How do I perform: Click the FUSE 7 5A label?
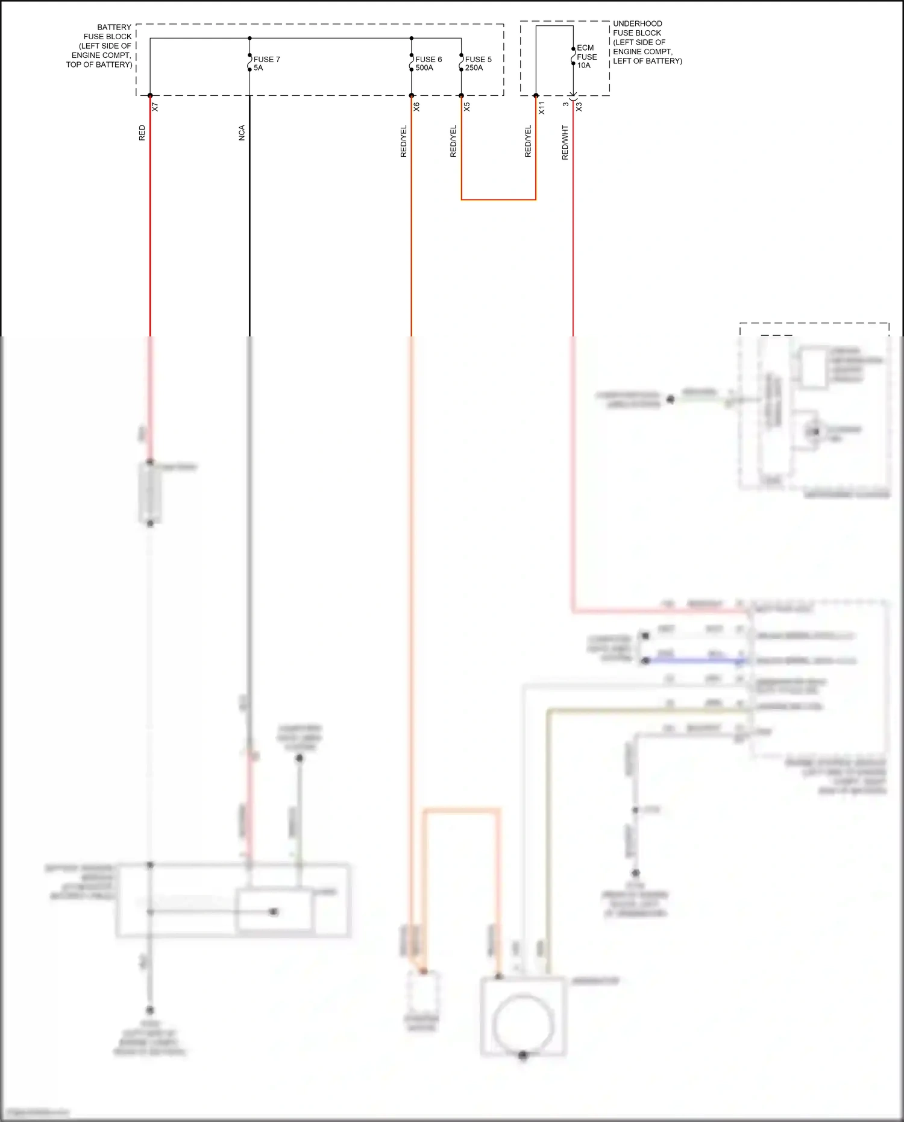click(x=266, y=63)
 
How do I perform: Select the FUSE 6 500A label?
click(x=428, y=63)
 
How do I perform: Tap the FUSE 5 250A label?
click(x=478, y=63)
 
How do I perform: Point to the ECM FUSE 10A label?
click(x=586, y=57)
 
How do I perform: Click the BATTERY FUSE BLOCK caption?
click(x=100, y=46)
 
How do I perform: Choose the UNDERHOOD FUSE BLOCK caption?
click(x=647, y=42)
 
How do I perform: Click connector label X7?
click(x=155, y=107)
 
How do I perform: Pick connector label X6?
click(x=416, y=107)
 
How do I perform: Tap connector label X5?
click(x=466, y=107)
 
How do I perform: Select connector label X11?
click(x=541, y=108)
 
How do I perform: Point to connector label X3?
click(x=579, y=107)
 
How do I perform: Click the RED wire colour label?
click(x=142, y=133)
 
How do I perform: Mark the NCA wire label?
click(x=242, y=133)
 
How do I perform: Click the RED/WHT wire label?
click(x=565, y=142)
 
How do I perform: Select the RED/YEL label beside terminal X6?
click(x=404, y=141)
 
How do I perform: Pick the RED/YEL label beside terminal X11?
click(x=528, y=141)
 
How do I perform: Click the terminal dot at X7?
click(x=150, y=95)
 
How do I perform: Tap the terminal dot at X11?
click(x=536, y=95)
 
